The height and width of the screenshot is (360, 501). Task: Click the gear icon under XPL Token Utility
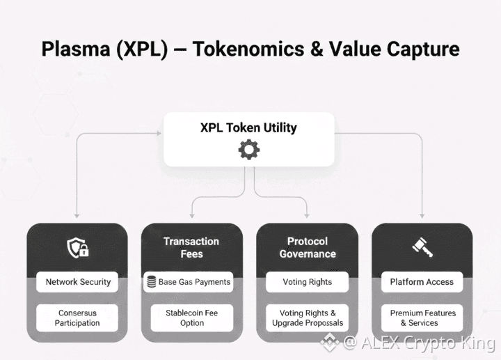[248, 149]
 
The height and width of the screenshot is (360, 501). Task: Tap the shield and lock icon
[77, 247]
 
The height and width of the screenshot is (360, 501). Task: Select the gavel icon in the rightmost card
[422, 247]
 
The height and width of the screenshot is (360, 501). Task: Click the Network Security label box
[77, 282]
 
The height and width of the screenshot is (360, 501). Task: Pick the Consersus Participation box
[77, 318]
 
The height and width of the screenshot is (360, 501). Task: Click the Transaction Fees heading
[191, 247]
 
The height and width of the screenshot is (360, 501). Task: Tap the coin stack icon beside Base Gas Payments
[151, 282]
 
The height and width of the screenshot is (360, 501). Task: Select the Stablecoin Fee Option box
[191, 318]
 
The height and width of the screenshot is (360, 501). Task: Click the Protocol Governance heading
[307, 247]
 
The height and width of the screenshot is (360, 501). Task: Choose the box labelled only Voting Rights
[307, 282]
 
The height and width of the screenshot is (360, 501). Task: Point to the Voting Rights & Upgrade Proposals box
[307, 318]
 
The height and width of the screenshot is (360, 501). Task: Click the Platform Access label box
[422, 282]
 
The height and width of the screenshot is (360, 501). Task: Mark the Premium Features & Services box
[422, 318]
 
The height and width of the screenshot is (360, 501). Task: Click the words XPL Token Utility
[248, 128]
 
